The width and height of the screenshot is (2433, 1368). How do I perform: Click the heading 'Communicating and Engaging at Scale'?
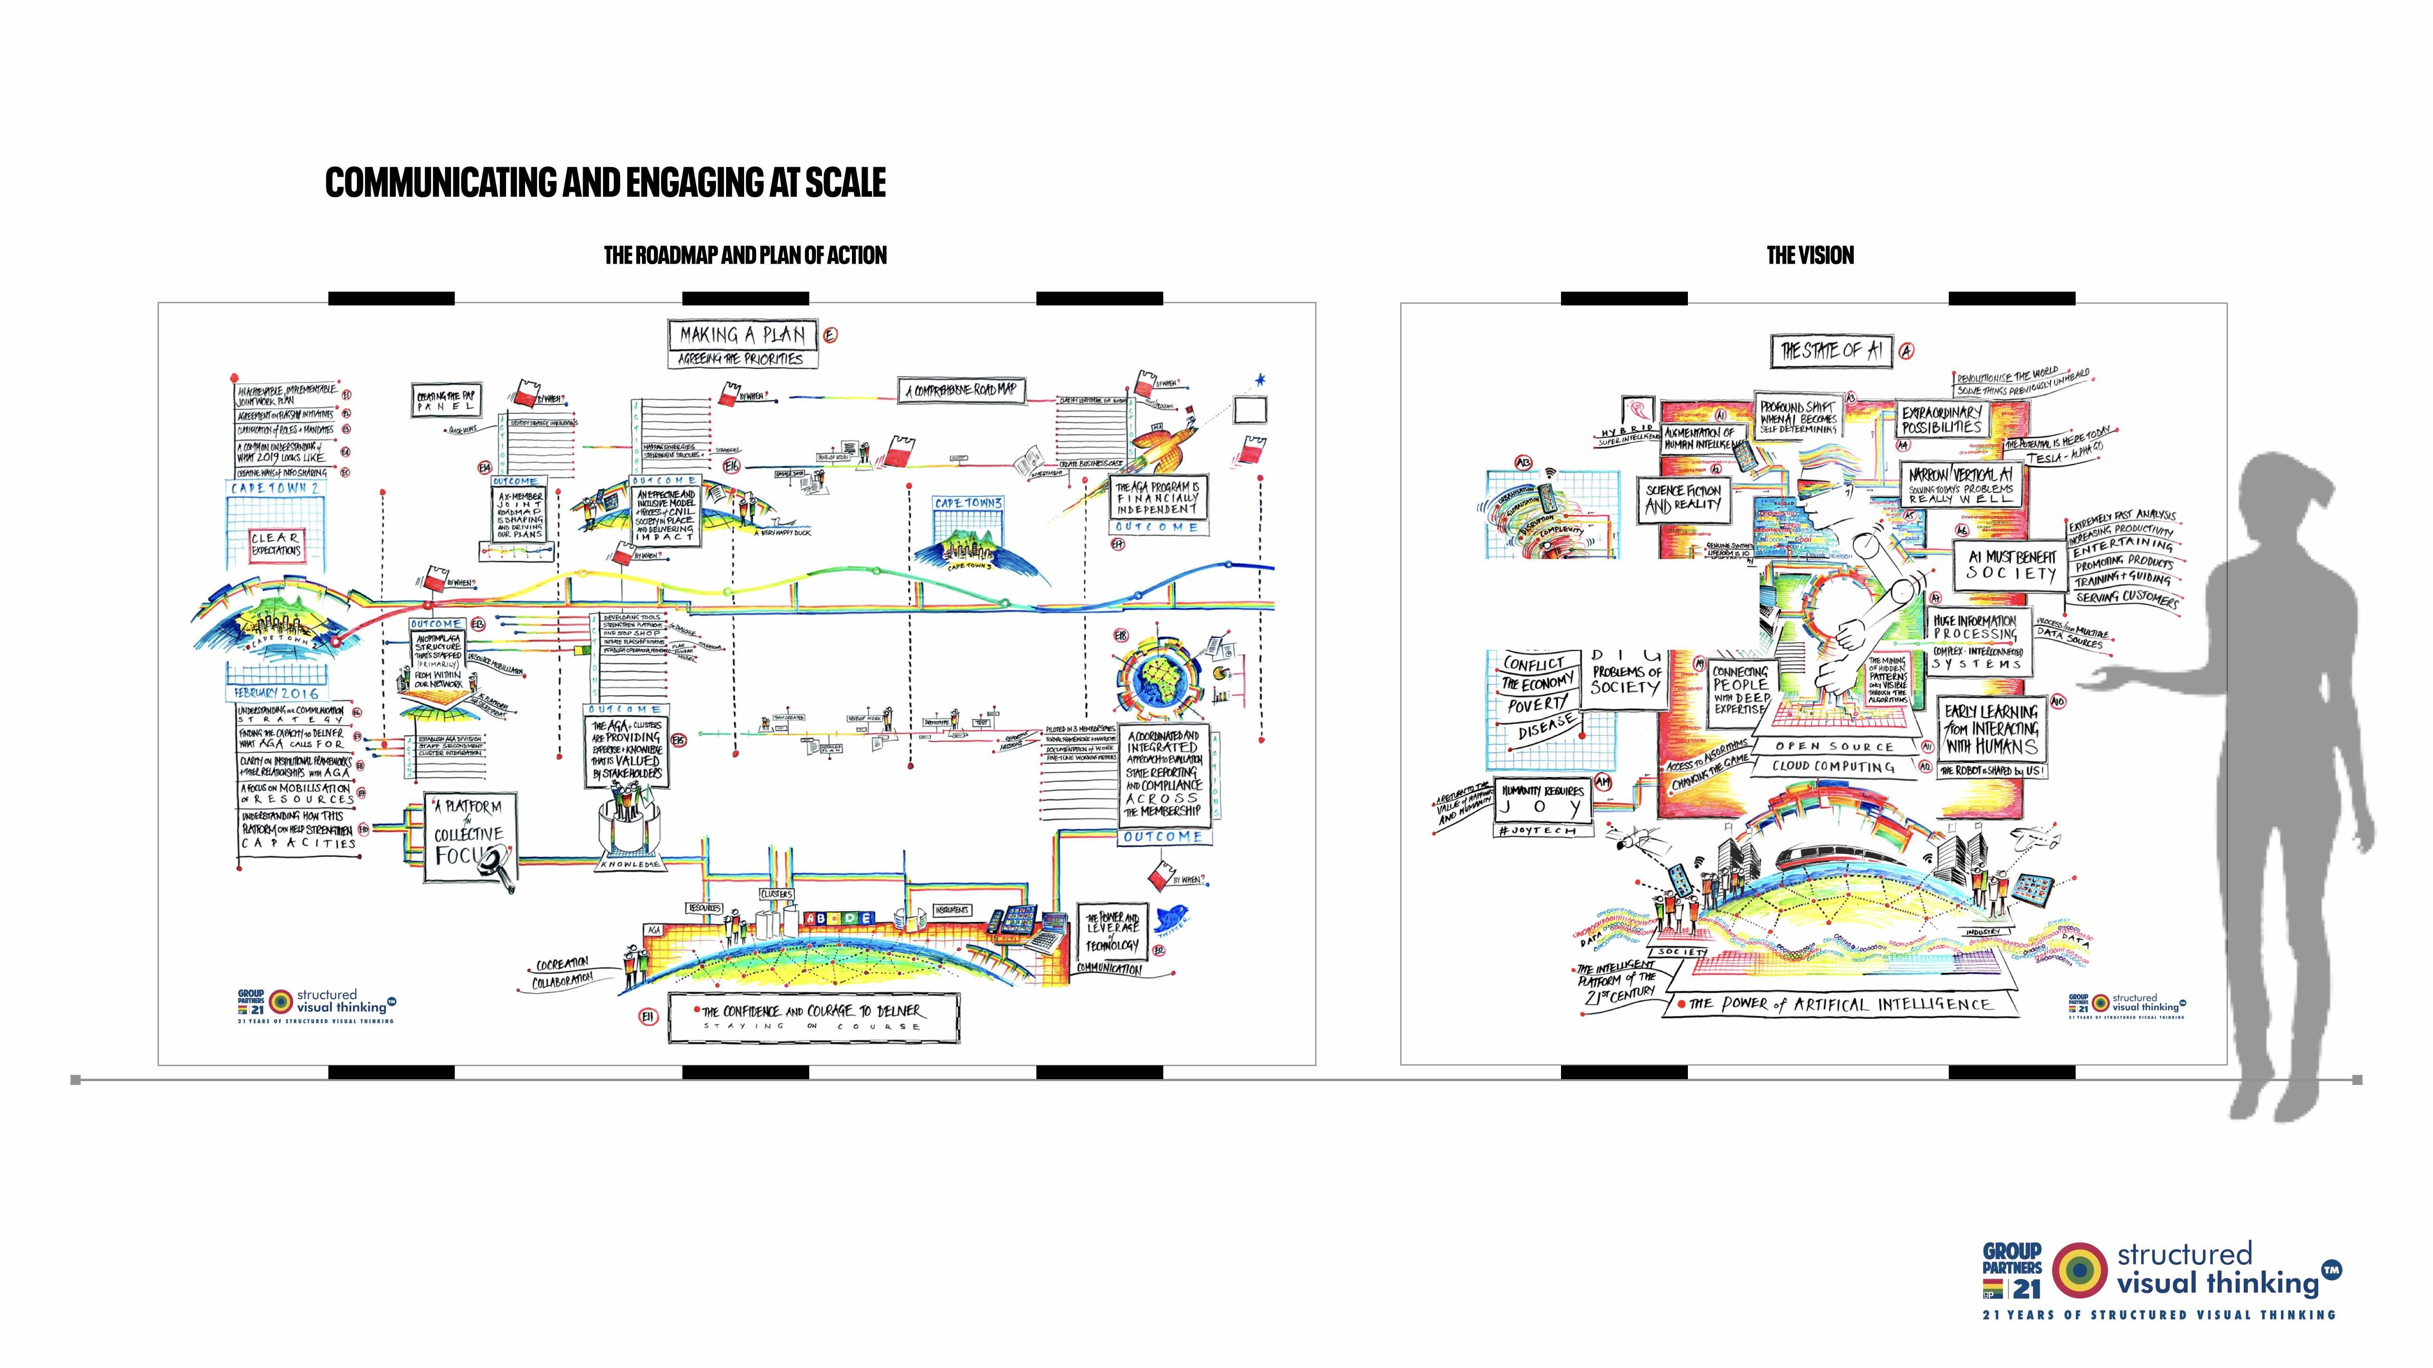click(605, 182)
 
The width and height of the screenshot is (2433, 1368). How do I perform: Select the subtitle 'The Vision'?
click(1810, 255)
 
